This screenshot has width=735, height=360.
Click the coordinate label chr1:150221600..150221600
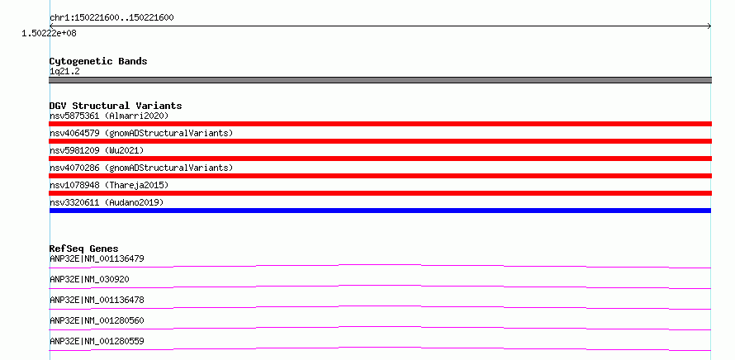tap(111, 18)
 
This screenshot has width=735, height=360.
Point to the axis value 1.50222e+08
tap(50, 34)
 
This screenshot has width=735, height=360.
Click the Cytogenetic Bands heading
tap(98, 61)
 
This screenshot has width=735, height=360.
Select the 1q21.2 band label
tap(64, 72)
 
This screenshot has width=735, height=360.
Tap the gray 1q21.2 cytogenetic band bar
tap(380, 80)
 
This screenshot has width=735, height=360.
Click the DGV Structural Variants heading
tap(116, 106)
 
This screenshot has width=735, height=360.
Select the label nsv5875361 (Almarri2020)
tap(109, 116)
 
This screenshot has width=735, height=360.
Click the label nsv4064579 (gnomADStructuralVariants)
tap(141, 133)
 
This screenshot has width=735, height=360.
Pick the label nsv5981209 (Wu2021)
tap(97, 150)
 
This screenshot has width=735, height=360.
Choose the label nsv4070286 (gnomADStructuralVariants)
tap(141, 168)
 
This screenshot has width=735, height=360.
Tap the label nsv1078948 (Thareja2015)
tap(109, 185)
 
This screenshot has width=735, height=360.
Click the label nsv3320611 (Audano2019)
tap(107, 202)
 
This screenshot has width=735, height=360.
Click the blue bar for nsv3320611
tap(380, 211)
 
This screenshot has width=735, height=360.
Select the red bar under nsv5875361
tap(380, 124)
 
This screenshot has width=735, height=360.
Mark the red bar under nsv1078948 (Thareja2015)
tap(380, 193)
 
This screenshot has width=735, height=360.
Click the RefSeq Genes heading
tap(84, 249)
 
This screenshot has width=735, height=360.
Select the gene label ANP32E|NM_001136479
tap(97, 258)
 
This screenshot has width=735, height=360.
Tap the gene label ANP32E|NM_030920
tap(89, 279)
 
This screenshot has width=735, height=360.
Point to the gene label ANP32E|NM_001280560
tap(97, 320)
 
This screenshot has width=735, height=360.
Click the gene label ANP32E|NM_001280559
tap(97, 341)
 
